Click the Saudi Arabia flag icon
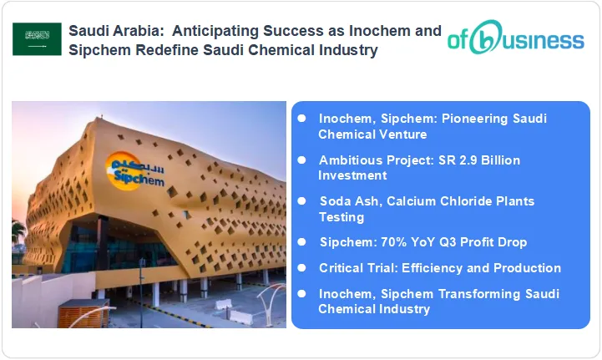[x=37, y=39]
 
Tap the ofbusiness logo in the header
[x=515, y=39]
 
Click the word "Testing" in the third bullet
[x=341, y=217]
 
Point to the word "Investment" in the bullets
[x=352, y=175]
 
